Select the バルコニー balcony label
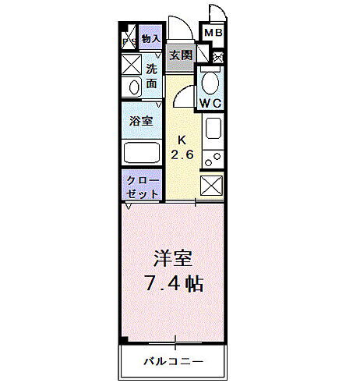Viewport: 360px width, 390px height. coord(173,361)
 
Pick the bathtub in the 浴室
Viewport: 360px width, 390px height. coord(142,152)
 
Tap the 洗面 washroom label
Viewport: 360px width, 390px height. coord(152,75)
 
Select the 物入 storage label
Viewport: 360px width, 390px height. coord(151,39)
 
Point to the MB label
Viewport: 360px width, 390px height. coord(213,33)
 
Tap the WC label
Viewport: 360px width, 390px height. coord(210,102)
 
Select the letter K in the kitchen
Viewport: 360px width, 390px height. coord(182,140)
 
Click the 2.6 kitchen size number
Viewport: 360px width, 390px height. coord(182,154)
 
